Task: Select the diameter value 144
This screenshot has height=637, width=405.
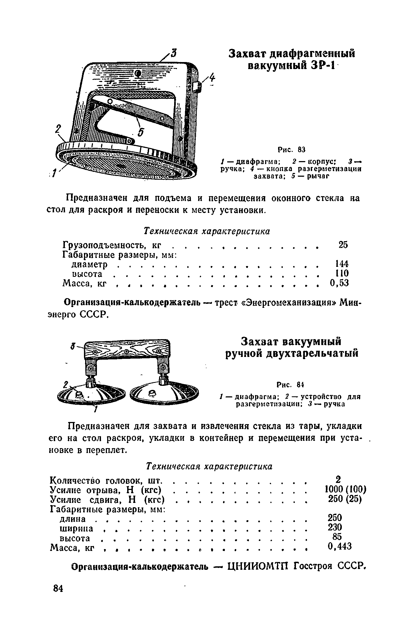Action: point(342,263)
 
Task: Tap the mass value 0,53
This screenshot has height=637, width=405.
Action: point(340,283)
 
